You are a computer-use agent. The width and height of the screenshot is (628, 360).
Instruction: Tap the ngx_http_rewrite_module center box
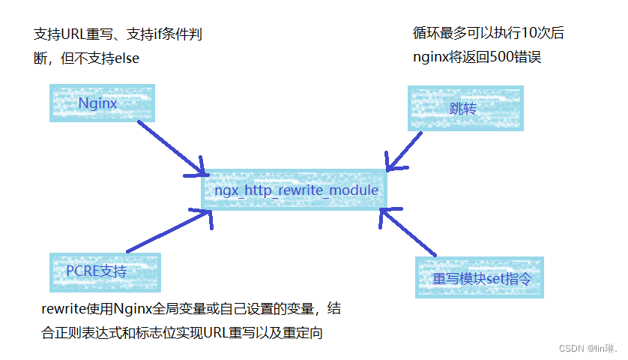(x=295, y=190)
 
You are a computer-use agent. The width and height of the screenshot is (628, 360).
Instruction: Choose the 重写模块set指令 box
(x=480, y=277)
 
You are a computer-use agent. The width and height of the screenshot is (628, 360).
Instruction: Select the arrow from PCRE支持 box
(x=169, y=232)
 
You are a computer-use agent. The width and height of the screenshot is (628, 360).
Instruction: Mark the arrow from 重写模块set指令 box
(x=408, y=232)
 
